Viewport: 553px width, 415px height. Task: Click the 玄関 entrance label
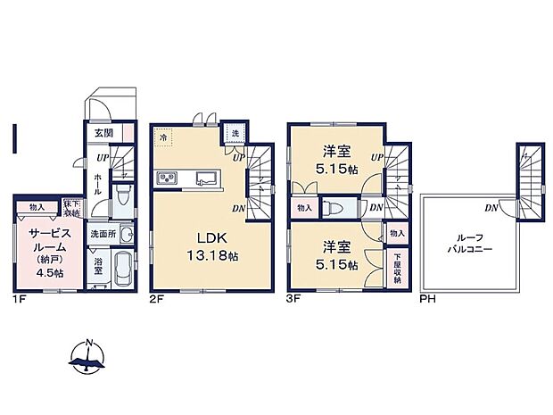[103, 133]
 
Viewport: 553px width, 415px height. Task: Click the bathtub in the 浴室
[123, 268]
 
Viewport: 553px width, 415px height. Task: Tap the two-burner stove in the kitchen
[168, 179]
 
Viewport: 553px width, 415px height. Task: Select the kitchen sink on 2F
[204, 178]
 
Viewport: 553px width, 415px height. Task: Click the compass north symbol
[87, 354]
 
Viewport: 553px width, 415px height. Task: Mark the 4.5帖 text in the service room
[49, 272]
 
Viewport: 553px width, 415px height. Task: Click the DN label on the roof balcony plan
[491, 208]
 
